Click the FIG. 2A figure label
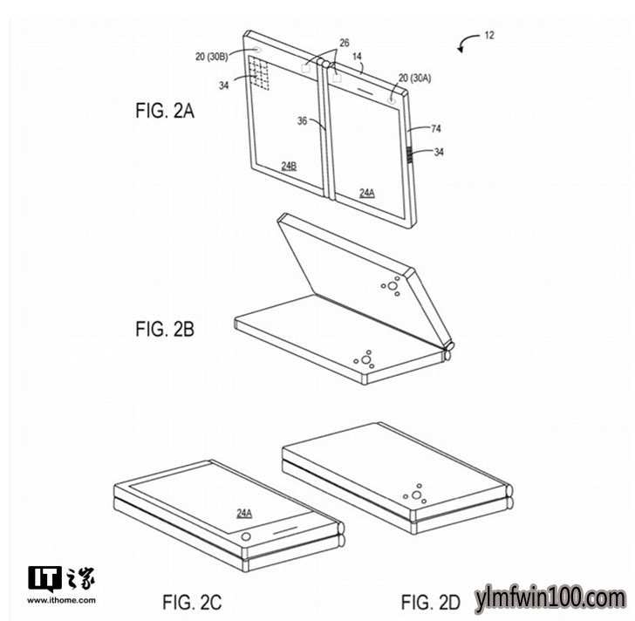pos(165,111)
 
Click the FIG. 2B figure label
pos(165,329)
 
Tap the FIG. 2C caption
pos(192,602)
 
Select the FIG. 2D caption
pos(431,602)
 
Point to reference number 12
pos(489,36)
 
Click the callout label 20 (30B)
pos(211,57)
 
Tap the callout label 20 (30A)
pos(414,78)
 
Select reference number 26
pos(344,43)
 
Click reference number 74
pos(436,129)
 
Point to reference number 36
pos(302,120)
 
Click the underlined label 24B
pos(289,166)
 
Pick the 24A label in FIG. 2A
pos(367,193)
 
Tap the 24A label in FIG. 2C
pos(244,514)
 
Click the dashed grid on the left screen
pos(259,73)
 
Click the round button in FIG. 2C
pos(246,537)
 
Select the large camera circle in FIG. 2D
pos(416,495)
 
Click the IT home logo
pos(61,578)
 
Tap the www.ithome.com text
pos(62,600)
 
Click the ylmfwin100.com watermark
pos(550,598)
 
